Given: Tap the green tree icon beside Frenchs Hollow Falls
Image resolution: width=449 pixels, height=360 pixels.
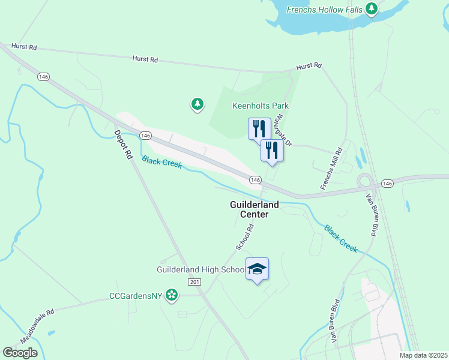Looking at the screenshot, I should click(x=372, y=9).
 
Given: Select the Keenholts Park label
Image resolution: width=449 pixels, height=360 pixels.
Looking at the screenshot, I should click(x=261, y=106).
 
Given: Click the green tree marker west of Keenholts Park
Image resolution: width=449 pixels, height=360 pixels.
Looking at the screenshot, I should click(x=197, y=105).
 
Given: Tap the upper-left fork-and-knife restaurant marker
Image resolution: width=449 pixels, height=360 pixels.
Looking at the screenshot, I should click(x=259, y=128).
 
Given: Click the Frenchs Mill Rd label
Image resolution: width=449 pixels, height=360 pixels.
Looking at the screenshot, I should click(x=331, y=169).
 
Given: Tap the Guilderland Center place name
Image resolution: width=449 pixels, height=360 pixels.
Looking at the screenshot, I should click(x=254, y=209).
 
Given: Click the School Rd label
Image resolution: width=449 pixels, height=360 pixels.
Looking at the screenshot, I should click(x=246, y=237).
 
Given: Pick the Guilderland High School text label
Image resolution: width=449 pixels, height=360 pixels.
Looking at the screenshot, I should click(x=200, y=270).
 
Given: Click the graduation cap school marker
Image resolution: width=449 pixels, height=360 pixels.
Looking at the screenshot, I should click(x=257, y=269).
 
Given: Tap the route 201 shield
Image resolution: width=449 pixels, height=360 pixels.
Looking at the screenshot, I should click(x=193, y=282).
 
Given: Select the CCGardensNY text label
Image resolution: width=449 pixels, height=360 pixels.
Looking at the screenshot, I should click(x=135, y=295).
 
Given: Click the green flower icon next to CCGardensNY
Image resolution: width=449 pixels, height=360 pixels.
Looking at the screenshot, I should click(x=172, y=295).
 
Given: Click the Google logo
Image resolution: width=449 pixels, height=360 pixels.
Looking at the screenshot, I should click(x=20, y=353).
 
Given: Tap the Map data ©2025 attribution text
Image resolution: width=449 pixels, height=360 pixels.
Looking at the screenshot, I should click(x=423, y=355).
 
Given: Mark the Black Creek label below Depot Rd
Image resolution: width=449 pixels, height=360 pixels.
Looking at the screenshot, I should click(x=161, y=162).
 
